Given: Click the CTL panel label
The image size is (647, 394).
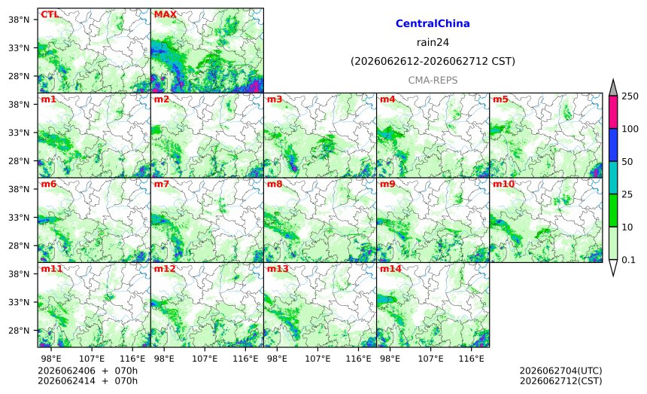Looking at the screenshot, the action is tap(50, 14).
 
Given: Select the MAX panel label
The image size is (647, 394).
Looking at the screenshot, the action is tap(165, 14).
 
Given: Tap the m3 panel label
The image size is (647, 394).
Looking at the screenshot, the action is tap(275, 99).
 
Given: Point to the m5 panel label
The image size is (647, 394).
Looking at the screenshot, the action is tap(500, 99).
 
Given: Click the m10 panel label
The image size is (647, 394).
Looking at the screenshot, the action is tap(503, 184).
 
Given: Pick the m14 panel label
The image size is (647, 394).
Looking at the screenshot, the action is tap(390, 268).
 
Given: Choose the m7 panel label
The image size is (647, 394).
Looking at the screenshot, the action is tap(161, 184).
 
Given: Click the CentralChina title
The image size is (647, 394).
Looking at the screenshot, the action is tap(433, 23).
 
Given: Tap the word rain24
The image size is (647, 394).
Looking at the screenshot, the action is tap(433, 42).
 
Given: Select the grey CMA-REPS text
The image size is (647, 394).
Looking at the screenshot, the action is tap(433, 80).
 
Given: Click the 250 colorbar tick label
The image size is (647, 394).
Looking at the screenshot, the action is tap(630, 96).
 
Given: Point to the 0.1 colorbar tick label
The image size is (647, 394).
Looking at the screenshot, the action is tap(628, 260).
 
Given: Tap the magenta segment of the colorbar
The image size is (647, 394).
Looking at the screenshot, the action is tap(612, 112).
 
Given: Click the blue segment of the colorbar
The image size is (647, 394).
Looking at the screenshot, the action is tap(612, 145).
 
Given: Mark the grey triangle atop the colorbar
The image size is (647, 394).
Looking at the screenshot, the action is tap(612, 87).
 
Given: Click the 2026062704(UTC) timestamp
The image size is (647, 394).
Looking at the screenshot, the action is tap(560, 371).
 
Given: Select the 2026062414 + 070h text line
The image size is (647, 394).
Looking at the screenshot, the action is tap(87, 380).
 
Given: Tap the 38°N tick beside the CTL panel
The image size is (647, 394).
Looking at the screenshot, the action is tap(19, 20).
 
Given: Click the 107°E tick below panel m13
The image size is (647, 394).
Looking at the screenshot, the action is tap(317, 359).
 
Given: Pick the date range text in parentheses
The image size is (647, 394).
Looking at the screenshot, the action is tap(433, 62).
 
